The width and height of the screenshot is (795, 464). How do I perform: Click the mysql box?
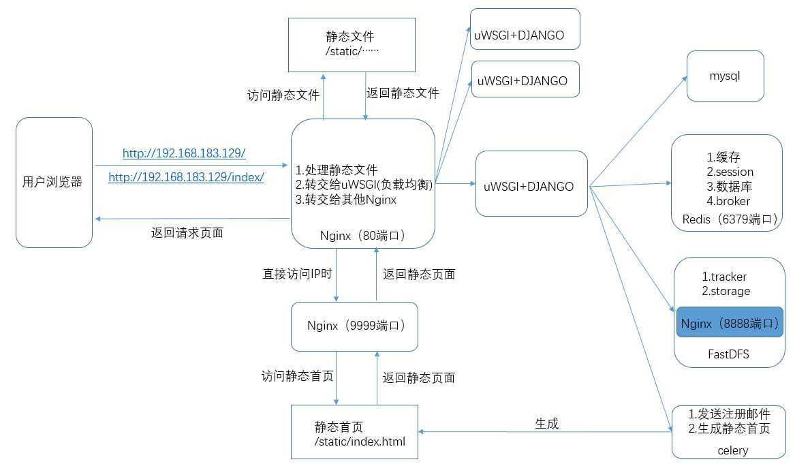(x=725, y=76)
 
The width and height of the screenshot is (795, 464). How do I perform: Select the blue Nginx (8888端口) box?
(x=730, y=324)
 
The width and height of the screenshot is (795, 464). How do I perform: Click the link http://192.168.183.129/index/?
(x=186, y=177)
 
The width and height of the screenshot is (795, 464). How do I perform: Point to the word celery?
(x=732, y=450)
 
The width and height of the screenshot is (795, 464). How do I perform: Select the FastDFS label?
(x=729, y=354)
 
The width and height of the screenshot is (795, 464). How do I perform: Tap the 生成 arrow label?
(x=546, y=423)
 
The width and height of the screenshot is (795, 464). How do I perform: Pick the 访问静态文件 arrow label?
(x=283, y=95)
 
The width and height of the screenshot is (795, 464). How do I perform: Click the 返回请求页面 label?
(x=187, y=232)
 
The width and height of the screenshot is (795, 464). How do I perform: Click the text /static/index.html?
(x=360, y=442)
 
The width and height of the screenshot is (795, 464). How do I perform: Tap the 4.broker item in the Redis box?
(x=728, y=201)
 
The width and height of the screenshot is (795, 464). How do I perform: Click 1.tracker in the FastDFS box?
(x=724, y=277)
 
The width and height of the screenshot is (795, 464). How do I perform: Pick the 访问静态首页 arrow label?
(x=297, y=375)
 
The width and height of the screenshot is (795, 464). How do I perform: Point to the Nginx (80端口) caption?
(x=362, y=236)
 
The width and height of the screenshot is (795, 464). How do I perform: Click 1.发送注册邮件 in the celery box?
(x=729, y=414)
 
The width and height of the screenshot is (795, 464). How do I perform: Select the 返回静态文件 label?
(x=403, y=93)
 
